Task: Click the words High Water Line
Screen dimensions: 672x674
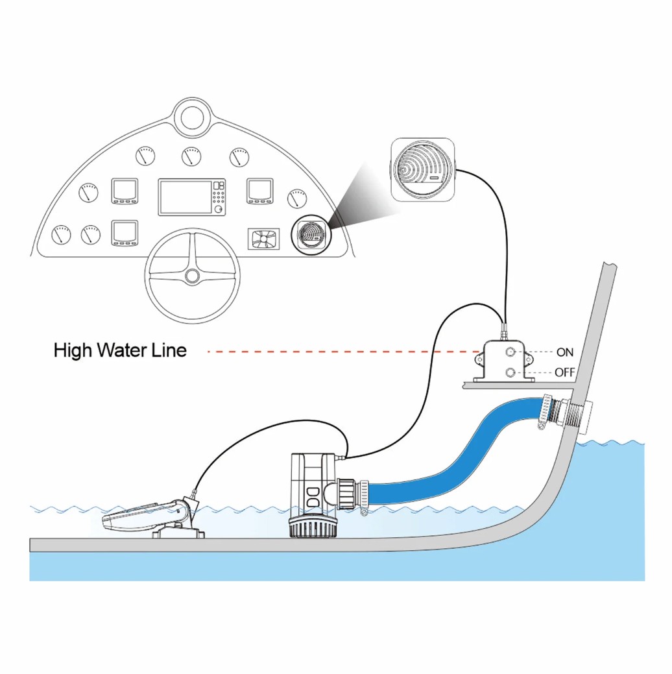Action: tap(120, 350)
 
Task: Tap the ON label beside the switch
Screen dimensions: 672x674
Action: tap(565, 352)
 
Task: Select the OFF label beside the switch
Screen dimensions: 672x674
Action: tap(565, 372)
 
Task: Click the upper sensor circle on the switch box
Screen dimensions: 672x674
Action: tap(510, 352)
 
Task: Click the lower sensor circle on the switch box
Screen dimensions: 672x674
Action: tap(510, 372)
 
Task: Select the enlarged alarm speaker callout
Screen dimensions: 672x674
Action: tap(423, 169)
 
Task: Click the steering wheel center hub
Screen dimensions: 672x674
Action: tap(192, 276)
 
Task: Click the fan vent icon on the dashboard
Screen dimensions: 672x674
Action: tap(263, 239)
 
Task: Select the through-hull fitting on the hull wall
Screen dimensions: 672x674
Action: tap(572, 413)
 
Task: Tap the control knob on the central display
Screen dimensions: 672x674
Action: tap(219, 209)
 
